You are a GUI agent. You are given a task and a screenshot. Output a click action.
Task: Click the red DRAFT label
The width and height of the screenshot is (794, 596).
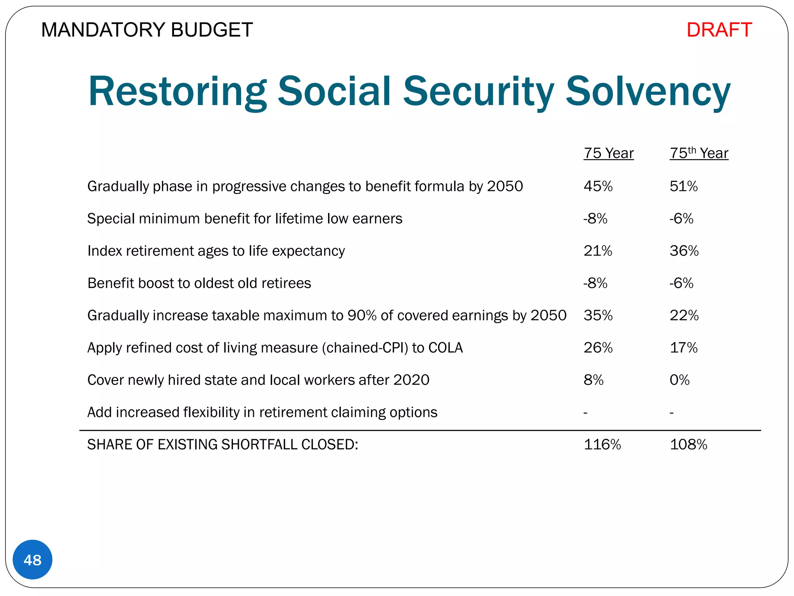click(719, 30)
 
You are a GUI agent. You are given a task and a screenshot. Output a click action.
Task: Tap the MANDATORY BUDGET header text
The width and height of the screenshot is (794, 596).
click(147, 30)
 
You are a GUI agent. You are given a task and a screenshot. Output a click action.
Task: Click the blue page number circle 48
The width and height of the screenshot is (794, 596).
click(33, 560)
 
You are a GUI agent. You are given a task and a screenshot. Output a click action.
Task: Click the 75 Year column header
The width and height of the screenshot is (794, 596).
click(608, 153)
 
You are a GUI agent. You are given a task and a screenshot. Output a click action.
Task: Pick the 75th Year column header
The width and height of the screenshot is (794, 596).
click(699, 153)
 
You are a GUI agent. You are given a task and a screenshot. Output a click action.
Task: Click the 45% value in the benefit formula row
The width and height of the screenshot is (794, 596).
click(598, 187)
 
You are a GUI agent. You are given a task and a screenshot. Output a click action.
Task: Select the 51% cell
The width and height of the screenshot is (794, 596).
click(684, 187)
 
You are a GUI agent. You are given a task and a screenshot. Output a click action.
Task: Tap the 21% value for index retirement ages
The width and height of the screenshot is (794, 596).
click(597, 251)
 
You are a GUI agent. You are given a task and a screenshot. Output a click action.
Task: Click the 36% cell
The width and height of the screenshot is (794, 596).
click(684, 251)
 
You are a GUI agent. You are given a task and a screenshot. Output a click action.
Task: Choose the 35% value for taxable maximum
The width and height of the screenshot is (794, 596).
click(598, 315)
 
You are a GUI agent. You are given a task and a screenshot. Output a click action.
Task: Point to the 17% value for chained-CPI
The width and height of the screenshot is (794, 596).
click(684, 348)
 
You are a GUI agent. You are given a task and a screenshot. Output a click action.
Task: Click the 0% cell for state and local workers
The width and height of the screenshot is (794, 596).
click(679, 380)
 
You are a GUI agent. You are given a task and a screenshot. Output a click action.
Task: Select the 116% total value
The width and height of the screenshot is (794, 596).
click(602, 444)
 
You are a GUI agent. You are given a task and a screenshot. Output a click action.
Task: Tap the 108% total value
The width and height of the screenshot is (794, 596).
click(688, 444)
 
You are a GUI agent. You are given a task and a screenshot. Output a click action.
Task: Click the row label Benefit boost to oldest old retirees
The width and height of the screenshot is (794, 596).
click(199, 283)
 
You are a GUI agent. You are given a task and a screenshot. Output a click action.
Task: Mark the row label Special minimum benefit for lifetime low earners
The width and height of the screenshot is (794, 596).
click(245, 219)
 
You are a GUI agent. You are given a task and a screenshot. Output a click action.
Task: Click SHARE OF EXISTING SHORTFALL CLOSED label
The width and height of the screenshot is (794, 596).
click(223, 444)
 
